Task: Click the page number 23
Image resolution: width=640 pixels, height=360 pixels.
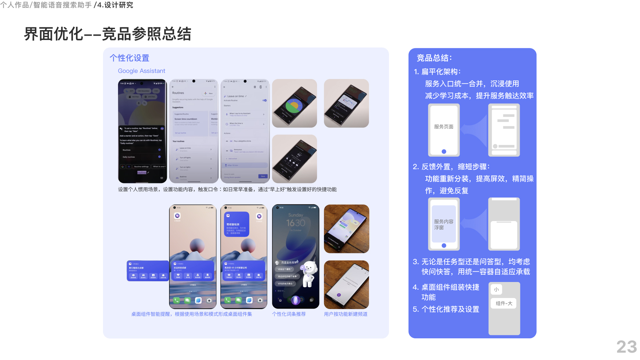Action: click(x=626, y=347)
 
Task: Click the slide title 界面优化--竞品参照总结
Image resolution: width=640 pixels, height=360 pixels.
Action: click(x=107, y=34)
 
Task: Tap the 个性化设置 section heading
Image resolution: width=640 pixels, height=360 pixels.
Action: click(x=129, y=58)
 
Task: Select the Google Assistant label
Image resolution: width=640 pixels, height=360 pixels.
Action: click(x=141, y=71)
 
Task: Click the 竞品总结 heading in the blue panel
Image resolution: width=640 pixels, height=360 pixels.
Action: click(x=434, y=58)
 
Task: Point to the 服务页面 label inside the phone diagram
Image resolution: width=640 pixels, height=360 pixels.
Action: click(x=444, y=127)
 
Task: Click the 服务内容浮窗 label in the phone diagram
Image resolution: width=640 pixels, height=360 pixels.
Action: click(x=443, y=224)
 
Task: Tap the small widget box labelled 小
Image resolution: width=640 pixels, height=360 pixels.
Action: click(x=496, y=289)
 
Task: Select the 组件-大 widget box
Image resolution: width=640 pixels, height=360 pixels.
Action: click(x=504, y=303)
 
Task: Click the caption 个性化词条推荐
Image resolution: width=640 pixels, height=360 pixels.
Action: click(x=289, y=314)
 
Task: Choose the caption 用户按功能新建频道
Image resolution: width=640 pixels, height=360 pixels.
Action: click(x=346, y=314)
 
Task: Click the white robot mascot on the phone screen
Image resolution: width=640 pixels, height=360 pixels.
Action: click(x=310, y=273)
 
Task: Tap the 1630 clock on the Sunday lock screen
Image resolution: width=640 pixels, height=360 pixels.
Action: click(x=296, y=223)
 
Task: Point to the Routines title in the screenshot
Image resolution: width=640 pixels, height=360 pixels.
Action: click(x=178, y=93)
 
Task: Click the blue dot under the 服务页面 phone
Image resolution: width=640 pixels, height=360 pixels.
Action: click(x=444, y=152)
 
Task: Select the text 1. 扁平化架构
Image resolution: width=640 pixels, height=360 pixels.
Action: click(x=437, y=72)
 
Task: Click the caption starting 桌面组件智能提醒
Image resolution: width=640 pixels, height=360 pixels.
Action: click(x=192, y=314)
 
